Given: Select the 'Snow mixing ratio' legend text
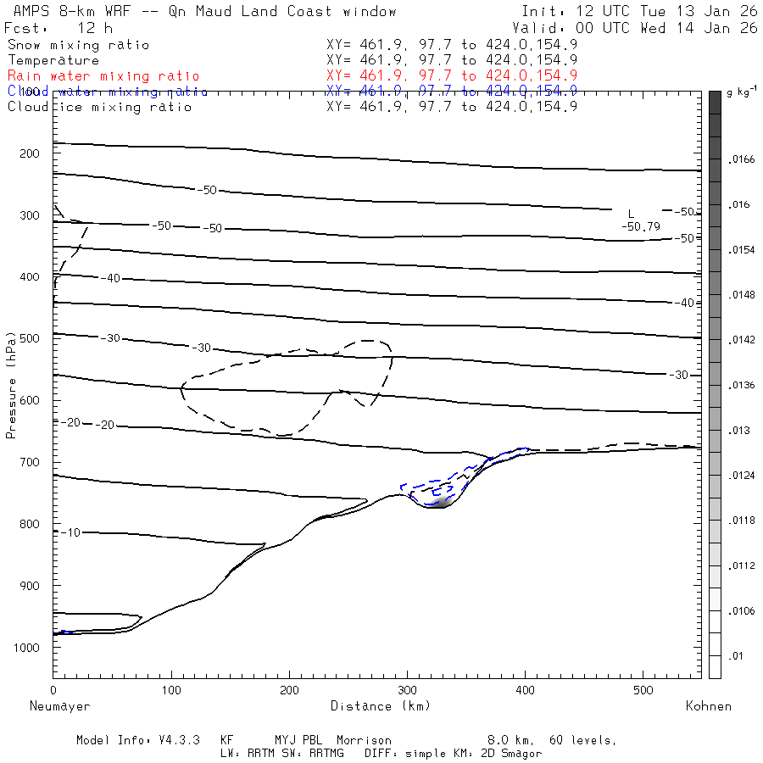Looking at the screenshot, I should click(78, 45).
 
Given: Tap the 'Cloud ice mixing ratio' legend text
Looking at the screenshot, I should click(99, 107).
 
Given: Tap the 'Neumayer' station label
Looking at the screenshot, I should click(59, 706).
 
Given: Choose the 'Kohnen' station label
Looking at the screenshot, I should click(708, 706).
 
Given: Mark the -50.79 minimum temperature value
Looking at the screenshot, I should click(641, 226).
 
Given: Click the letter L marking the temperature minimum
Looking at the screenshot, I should click(631, 214).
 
